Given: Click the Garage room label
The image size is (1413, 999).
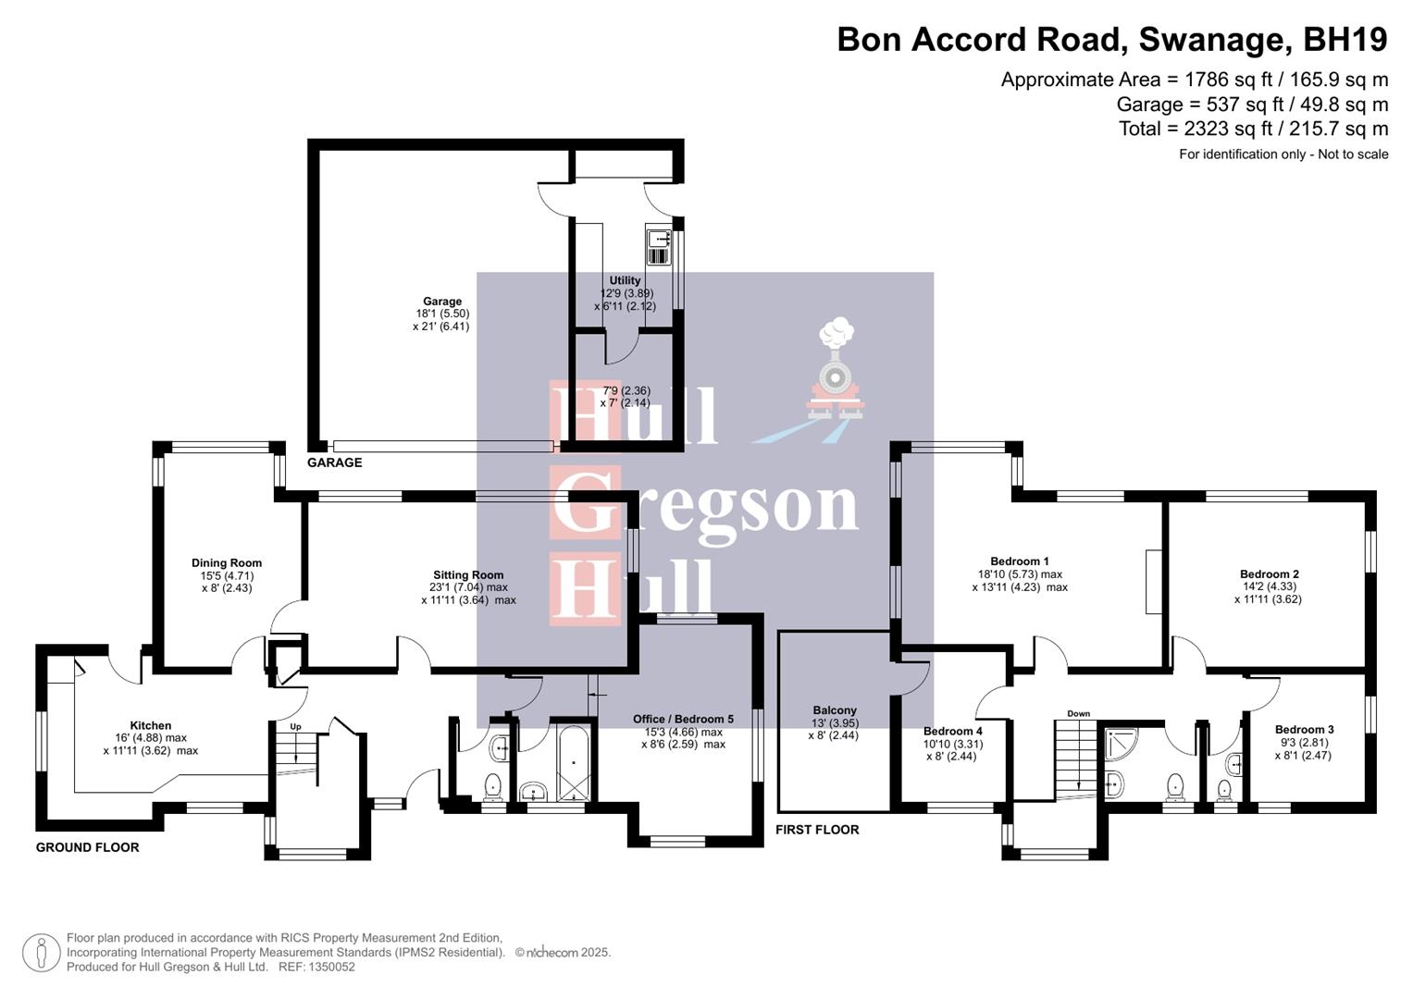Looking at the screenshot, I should coord(442,302).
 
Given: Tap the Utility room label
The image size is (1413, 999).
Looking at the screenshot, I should coord(625,281).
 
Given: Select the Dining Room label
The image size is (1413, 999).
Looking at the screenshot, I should coord(227,563).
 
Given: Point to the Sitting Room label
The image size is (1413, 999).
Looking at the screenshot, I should coord(468,575).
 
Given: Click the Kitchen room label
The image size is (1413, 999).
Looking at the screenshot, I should coord(151,726).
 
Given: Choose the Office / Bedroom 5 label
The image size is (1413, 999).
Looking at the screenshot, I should coord(683,720).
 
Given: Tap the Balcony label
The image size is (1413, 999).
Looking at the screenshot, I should coord(835,711).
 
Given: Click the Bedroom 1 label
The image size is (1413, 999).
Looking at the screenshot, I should coord(1020,561).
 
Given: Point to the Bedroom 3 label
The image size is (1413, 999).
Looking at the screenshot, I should coord(1304,730).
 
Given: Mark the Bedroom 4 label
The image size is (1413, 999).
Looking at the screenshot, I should coord(952,732).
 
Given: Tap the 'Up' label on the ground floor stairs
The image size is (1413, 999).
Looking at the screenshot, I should coord(296,727).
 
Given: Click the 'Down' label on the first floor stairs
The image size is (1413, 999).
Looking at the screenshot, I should coord(1078,714).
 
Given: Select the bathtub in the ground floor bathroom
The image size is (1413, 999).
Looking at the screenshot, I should coord(575,763).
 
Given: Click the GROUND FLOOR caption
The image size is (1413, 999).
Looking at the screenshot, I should coord(88,847).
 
